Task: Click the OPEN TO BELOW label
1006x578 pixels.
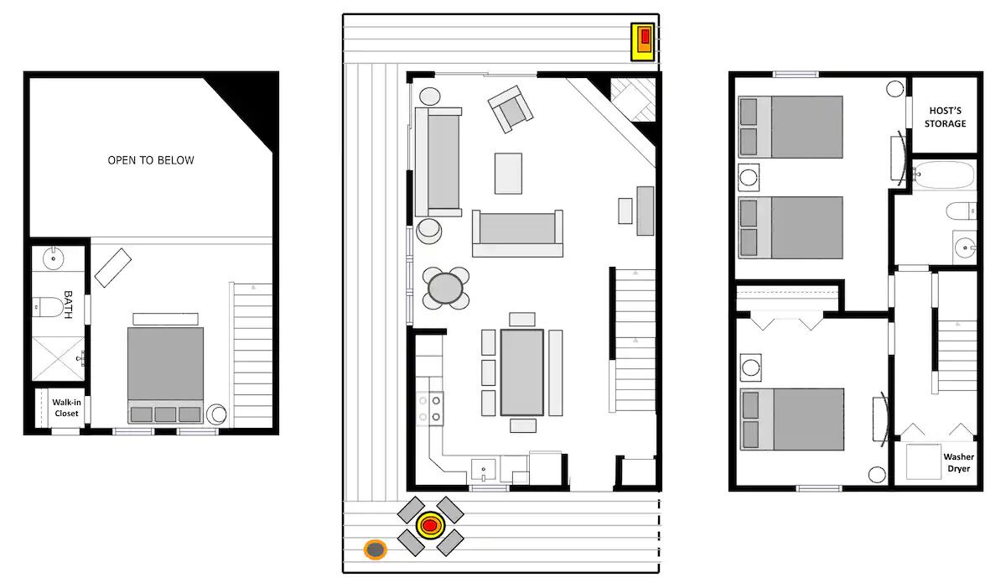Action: (151, 160)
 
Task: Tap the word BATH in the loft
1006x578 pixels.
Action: (68, 305)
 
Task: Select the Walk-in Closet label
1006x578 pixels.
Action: (66, 408)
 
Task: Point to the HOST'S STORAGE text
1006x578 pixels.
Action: (945, 117)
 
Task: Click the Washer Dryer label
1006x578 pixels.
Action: (958, 462)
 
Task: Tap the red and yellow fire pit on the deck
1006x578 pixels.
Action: (430, 525)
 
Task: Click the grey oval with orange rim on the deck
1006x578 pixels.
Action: (375, 549)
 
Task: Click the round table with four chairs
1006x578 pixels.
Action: (445, 288)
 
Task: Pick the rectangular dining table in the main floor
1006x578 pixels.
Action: (521, 372)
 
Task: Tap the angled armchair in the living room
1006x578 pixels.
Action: (511, 109)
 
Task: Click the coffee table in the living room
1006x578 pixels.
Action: (508, 174)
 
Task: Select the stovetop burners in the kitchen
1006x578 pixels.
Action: (430, 409)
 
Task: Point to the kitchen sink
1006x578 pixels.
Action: (483, 470)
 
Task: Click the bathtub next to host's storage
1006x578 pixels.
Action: (944, 174)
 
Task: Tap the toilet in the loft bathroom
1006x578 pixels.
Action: (48, 307)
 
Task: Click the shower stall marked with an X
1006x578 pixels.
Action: (58, 358)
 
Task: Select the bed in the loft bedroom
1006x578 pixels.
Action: (165, 375)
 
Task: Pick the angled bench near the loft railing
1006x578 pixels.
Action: (113, 268)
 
